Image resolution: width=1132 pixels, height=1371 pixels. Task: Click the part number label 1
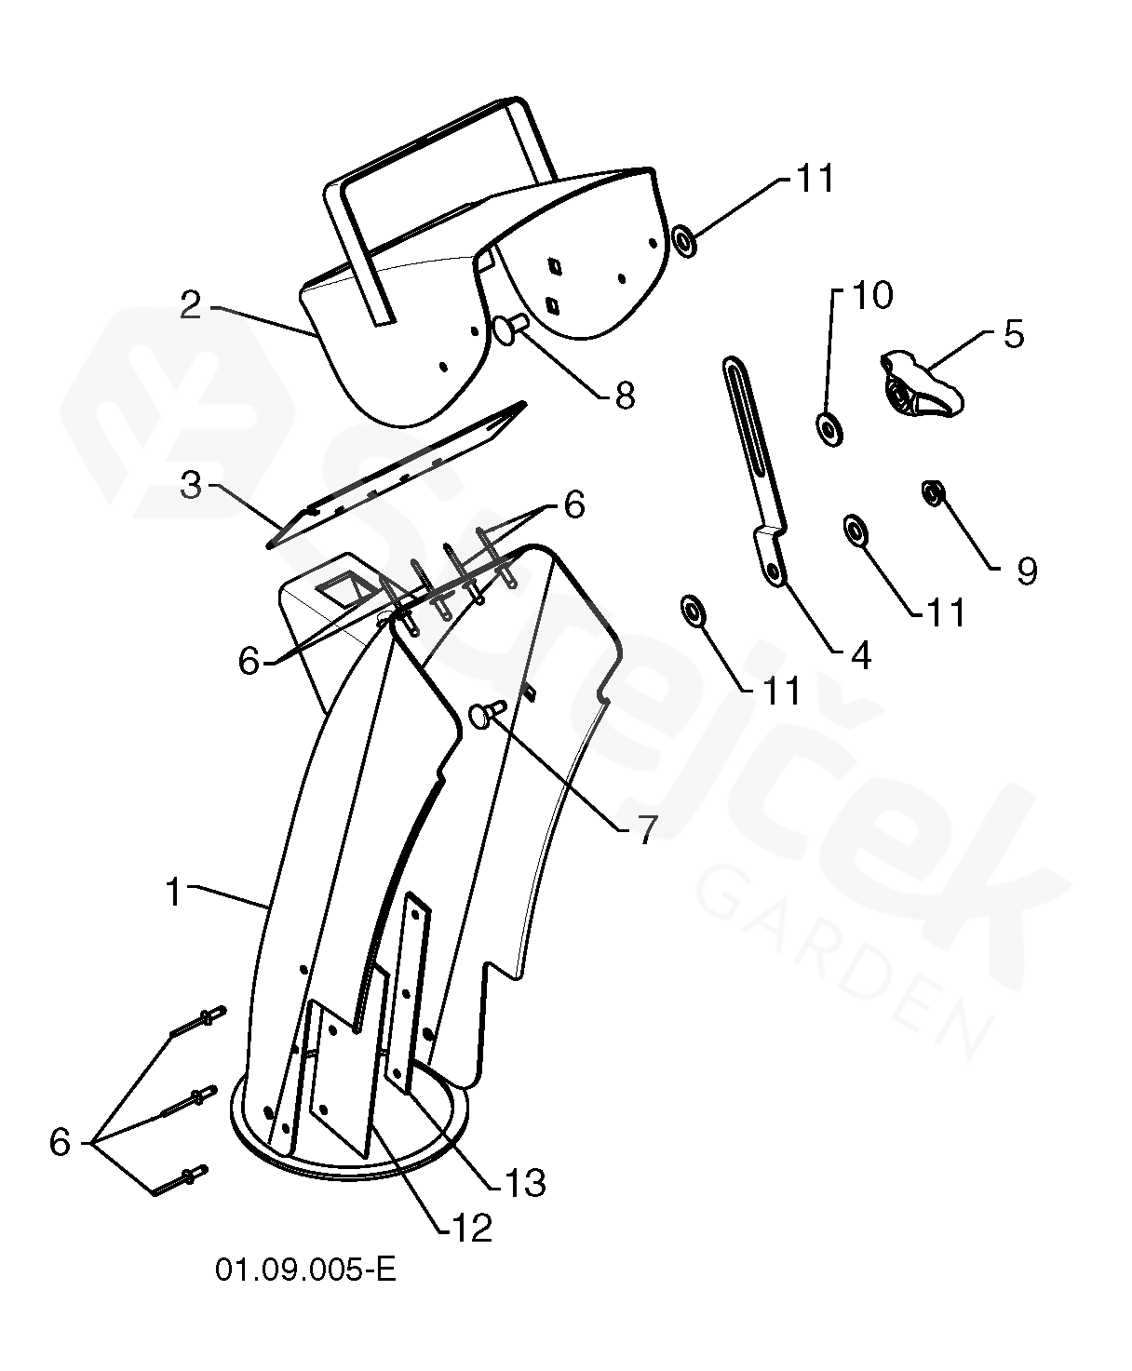(172, 892)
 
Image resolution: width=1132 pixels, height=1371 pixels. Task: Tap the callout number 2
(191, 305)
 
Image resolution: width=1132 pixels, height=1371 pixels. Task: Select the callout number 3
(191, 486)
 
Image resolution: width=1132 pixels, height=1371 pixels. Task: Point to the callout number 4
(861, 655)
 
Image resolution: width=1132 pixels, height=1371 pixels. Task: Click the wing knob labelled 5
(920, 383)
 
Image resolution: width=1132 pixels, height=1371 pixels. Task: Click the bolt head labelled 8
(507, 329)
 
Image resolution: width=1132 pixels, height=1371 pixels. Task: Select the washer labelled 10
(829, 428)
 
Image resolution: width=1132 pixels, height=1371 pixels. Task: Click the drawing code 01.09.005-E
(306, 1270)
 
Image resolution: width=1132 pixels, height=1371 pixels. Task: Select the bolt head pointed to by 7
(484, 715)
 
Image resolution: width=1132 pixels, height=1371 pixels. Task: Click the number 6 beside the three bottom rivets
(60, 1141)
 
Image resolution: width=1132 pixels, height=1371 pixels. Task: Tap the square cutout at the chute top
(342, 590)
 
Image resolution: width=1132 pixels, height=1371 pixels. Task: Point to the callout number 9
(1026, 571)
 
